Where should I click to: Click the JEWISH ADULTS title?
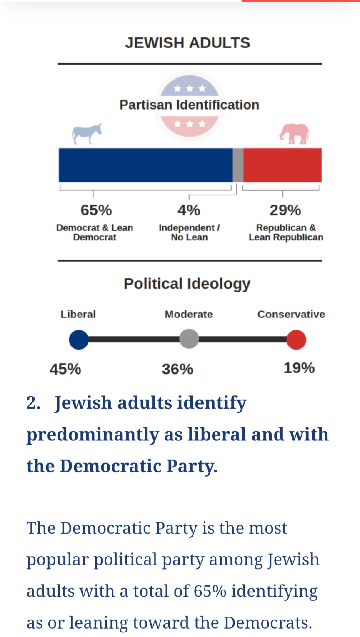pos(187,43)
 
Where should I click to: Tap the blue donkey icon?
pos(87,134)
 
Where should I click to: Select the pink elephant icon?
pos(294,134)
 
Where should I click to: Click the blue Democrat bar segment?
pos(145,165)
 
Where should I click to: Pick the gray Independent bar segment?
pos(238,165)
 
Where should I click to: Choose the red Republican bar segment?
pos(282,165)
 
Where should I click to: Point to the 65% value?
pos(96,210)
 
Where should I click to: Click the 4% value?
pos(189,210)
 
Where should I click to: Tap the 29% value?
pos(285,210)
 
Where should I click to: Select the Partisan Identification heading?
pos(189,105)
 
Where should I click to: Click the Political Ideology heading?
pos(187,284)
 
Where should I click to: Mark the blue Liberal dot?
pos(79,340)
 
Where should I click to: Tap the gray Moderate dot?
pos(189,339)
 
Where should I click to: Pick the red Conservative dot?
pos(296,340)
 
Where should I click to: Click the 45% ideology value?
pos(65,369)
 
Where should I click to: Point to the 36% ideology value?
pos(177,369)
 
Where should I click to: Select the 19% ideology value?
pos(299,368)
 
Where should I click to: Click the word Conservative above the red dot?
pos(291,314)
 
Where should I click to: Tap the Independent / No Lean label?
pos(189,232)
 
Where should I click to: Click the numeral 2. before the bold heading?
pos(33,403)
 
